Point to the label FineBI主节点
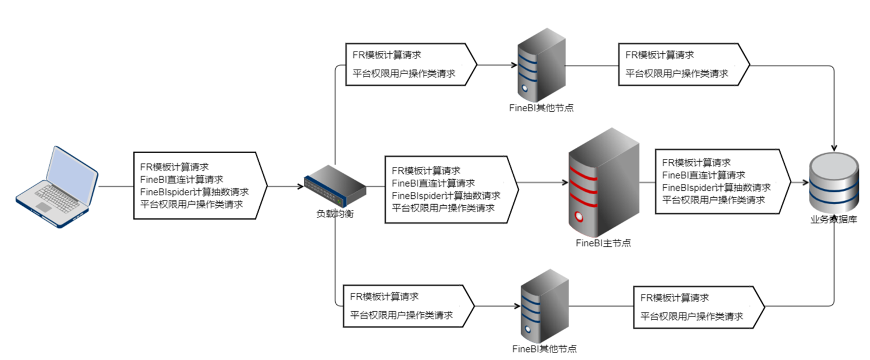tap(603, 243)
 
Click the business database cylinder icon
tap(834, 182)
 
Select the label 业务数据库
tap(833, 220)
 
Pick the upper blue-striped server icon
tap(541, 66)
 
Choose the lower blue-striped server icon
tap(544, 307)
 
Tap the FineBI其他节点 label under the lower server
tap(545, 349)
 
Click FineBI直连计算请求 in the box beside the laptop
tap(182, 179)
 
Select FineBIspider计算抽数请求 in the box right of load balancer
tap(446, 195)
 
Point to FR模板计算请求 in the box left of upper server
tap(387, 55)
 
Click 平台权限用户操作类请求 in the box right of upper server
tap(677, 74)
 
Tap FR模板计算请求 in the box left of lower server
tap(384, 296)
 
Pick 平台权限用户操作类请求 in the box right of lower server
tap(691, 317)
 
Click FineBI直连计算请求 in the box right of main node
tap(704, 174)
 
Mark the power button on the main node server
tap(579, 217)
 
